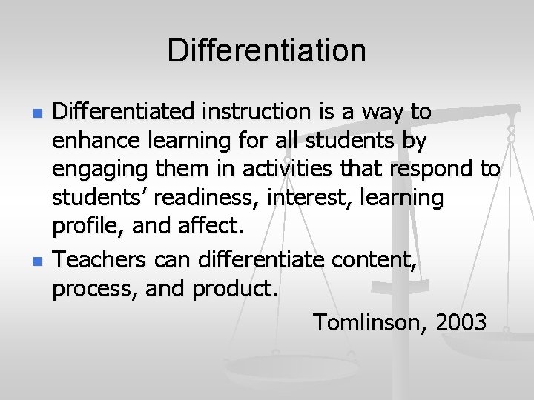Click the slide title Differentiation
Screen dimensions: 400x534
pyautogui.click(x=266, y=51)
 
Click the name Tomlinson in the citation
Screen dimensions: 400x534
pyautogui.click(x=370, y=322)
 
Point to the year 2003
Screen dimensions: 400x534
pyautogui.click(x=461, y=322)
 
